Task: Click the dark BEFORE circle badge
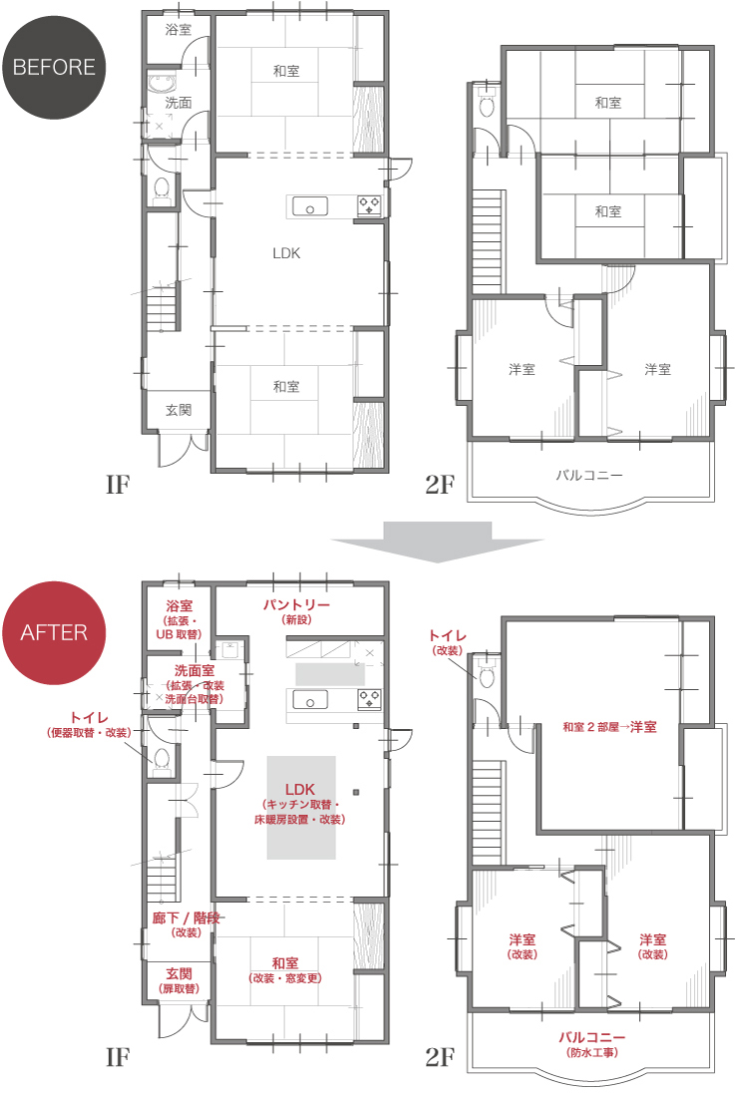pos(54,67)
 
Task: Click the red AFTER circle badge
pos(54,632)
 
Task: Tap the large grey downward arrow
pos(437,542)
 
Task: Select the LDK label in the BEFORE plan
pos(286,253)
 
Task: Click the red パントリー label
pos(296,604)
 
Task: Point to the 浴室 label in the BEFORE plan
pos(179,29)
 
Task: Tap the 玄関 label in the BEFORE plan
pos(179,410)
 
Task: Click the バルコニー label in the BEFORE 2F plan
pos(589,475)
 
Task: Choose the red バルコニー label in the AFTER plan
pos(592,1038)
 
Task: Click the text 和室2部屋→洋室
pos(609,727)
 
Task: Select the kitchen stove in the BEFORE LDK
pos(369,205)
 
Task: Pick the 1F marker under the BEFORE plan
pos(118,485)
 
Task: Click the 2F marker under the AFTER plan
pos(440,1057)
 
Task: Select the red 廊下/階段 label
pos(186,917)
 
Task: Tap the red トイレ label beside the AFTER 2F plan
pos(448,635)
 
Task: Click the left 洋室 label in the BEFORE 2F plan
pos(522,369)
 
